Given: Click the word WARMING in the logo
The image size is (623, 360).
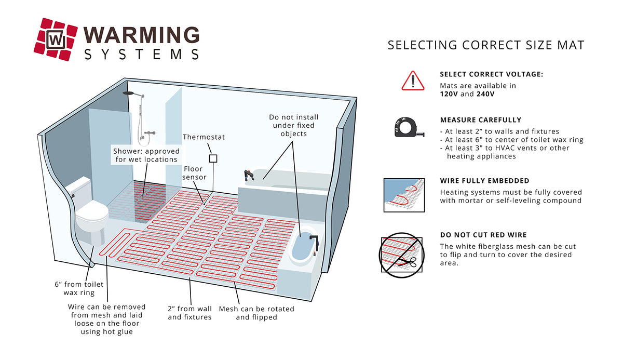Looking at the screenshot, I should (141, 34).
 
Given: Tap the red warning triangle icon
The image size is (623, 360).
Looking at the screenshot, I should (413, 81).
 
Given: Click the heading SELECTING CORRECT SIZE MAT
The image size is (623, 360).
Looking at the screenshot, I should (486, 45).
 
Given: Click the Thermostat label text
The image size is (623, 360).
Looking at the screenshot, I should (204, 137).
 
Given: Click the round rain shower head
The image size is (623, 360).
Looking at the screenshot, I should (128, 93).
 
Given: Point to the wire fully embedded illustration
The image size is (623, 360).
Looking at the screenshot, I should (404, 195).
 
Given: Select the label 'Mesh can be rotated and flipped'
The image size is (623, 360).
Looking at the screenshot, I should (256, 312).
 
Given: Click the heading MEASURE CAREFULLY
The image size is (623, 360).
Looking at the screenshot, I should (480, 119).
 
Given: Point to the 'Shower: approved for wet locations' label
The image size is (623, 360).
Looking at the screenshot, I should (145, 155).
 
